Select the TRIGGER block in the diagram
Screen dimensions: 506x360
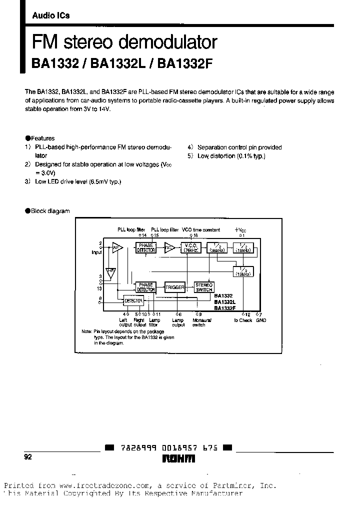[175, 287]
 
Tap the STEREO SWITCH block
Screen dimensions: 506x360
[204, 287]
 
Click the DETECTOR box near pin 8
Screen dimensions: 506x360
[133, 301]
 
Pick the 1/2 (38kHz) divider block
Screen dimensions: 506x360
[217, 247]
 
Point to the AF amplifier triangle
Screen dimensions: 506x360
[117, 247]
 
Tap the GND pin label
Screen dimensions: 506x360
[261, 320]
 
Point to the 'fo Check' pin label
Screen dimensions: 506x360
[243, 320]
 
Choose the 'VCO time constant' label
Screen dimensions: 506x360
[201, 229]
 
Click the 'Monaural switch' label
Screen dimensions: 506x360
[199, 322]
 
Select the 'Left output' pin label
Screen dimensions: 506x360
[123, 322]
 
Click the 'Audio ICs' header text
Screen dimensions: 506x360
[50, 15]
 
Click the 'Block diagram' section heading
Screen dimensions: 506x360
[50, 211]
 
